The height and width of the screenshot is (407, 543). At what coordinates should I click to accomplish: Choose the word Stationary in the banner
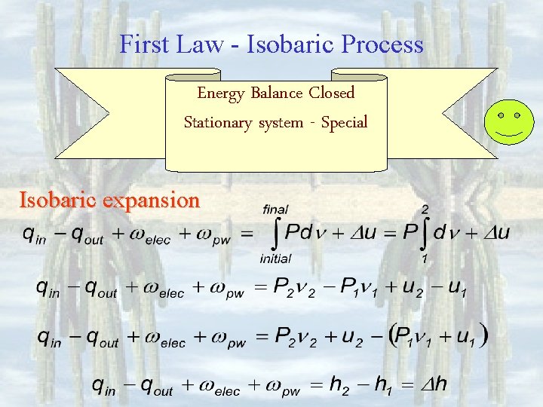click(x=218, y=122)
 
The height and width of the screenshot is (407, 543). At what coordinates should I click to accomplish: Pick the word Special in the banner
click(x=344, y=122)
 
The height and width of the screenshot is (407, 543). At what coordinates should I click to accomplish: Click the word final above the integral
click(x=275, y=209)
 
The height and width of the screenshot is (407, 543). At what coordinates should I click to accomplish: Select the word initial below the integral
click(x=275, y=259)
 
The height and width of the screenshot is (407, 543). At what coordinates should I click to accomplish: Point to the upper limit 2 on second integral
click(x=425, y=208)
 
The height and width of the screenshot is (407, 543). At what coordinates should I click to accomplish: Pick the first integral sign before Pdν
click(x=275, y=233)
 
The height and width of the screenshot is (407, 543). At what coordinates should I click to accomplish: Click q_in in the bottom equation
click(x=106, y=386)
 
